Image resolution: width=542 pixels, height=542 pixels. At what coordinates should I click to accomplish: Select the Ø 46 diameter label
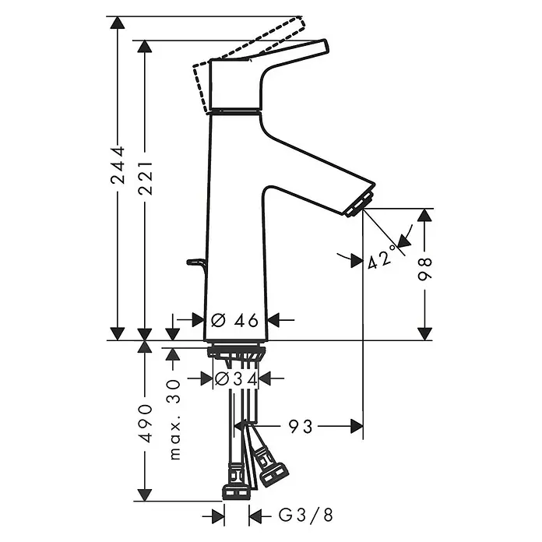pyautogui.click(x=235, y=319)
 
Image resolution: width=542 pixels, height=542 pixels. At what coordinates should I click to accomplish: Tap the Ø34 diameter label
pyautogui.click(x=236, y=378)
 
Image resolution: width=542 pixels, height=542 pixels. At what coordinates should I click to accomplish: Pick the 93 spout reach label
pyautogui.click(x=301, y=426)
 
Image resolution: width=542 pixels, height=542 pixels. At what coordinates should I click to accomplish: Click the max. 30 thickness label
pyautogui.click(x=174, y=419)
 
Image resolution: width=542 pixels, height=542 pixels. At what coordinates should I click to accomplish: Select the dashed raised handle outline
pyautogui.click(x=257, y=39)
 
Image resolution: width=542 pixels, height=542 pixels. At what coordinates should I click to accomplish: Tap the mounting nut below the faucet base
pyautogui.click(x=236, y=353)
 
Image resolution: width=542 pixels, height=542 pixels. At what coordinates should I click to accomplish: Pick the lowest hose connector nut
pyautogui.click(x=236, y=491)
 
